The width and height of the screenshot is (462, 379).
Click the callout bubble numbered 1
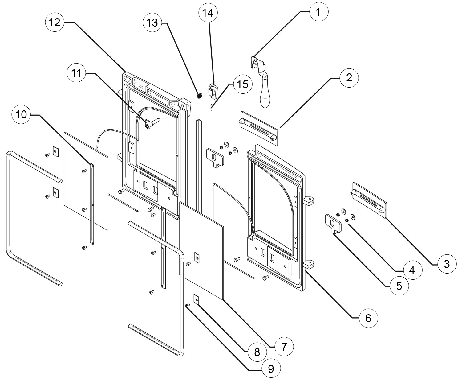318,12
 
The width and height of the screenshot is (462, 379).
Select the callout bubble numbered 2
349,77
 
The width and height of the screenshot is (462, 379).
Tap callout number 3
447,264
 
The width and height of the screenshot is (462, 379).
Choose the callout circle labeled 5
399,286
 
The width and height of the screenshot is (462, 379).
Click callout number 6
368,318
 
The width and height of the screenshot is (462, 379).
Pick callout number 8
257,352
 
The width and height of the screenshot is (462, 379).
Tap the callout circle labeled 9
270,368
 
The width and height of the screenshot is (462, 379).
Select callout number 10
21,115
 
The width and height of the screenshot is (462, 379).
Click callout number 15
243,84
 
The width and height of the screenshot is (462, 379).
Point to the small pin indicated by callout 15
211,107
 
